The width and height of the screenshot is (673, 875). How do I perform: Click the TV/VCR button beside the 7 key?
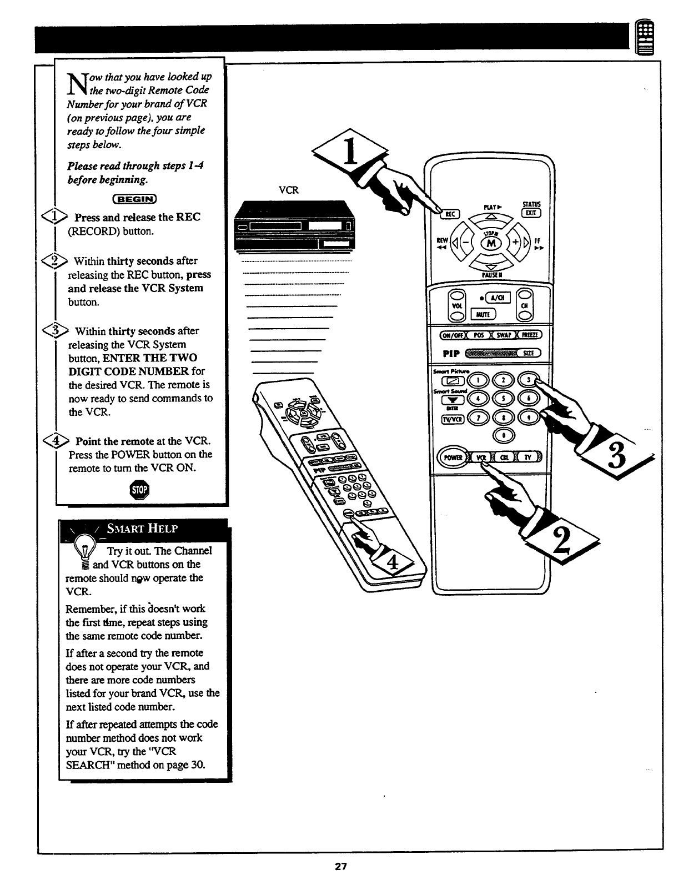[x=450, y=419]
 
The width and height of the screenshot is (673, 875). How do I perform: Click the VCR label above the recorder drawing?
[x=288, y=190]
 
